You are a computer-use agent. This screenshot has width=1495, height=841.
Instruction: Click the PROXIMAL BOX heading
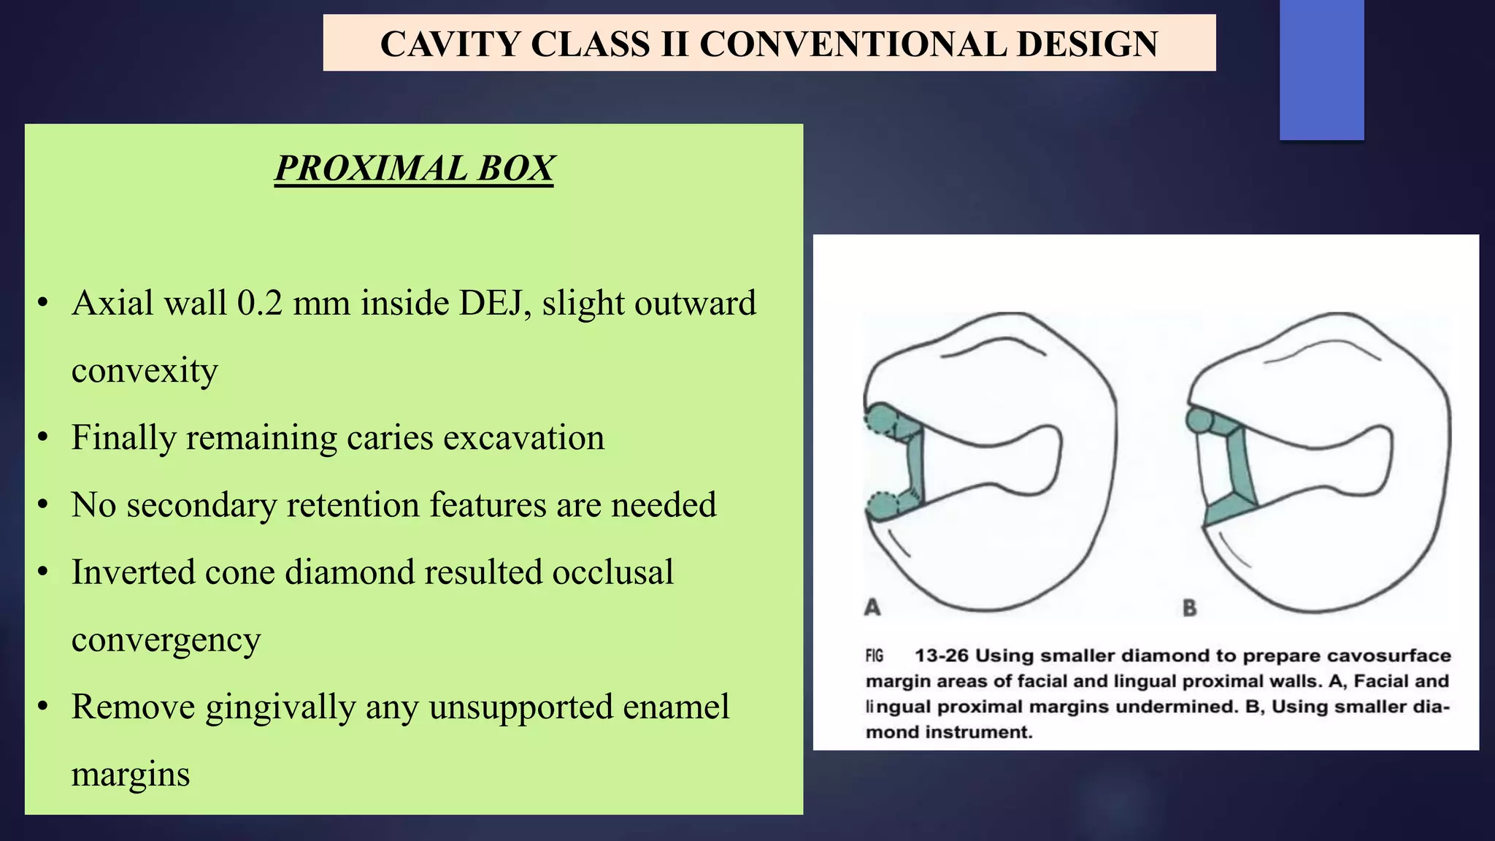pos(414,169)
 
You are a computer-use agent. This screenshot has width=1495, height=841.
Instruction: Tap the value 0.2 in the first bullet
pos(259,303)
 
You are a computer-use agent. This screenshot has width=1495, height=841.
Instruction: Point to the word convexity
pos(145,371)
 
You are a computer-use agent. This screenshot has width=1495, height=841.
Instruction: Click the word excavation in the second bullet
pos(523,438)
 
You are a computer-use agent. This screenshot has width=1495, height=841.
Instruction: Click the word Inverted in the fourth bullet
pos(133,572)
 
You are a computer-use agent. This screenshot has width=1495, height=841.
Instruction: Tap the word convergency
pos(166,640)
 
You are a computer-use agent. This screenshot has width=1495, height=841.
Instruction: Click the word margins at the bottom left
pos(130,775)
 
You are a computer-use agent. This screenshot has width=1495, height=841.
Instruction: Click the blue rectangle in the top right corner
pos(1321,69)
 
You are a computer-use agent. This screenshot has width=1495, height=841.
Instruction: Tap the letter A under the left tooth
pos(872,607)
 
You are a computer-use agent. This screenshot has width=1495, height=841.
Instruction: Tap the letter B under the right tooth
pos(1190,607)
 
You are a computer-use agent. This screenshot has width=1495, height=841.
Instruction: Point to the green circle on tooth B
pos(1197,420)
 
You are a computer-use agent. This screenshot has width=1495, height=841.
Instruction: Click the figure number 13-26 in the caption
pos(941,656)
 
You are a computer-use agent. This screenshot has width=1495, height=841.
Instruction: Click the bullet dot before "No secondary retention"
pos(43,505)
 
